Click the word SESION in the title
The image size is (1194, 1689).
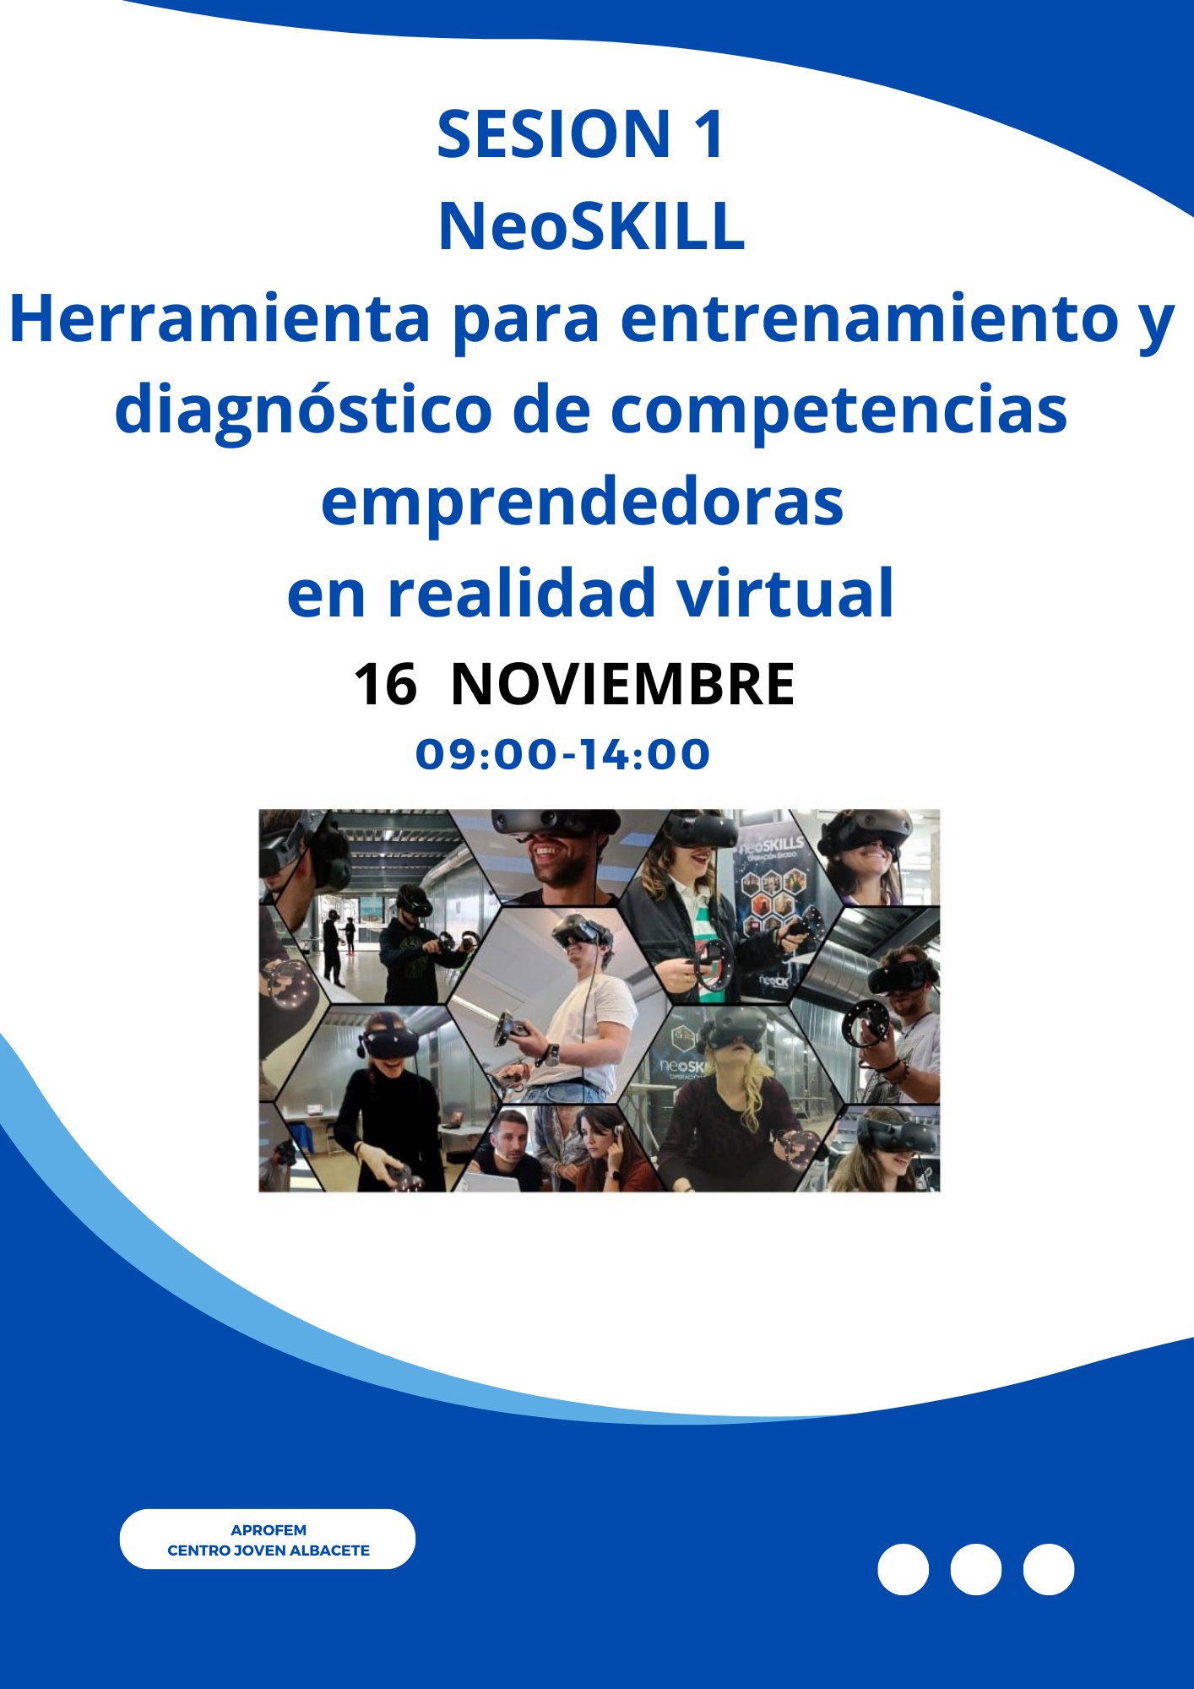coord(554,134)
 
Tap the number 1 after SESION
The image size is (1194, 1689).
coord(708,134)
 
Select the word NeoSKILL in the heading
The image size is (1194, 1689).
coord(591,226)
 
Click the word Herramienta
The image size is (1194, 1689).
coord(220,318)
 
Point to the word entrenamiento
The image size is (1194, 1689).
coord(870,318)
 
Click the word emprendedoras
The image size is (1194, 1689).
coord(582,502)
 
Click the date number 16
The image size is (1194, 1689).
coord(385,683)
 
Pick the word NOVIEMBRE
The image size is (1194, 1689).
coord(622,683)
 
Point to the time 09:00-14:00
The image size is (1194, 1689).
coord(562,754)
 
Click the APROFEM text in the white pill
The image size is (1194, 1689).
coord(269,1529)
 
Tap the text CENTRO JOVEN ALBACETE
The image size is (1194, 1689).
coord(269,1550)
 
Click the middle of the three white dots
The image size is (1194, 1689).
coord(975,1569)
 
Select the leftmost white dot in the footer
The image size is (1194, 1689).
coord(903,1569)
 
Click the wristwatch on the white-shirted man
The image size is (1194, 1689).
coord(553,1054)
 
